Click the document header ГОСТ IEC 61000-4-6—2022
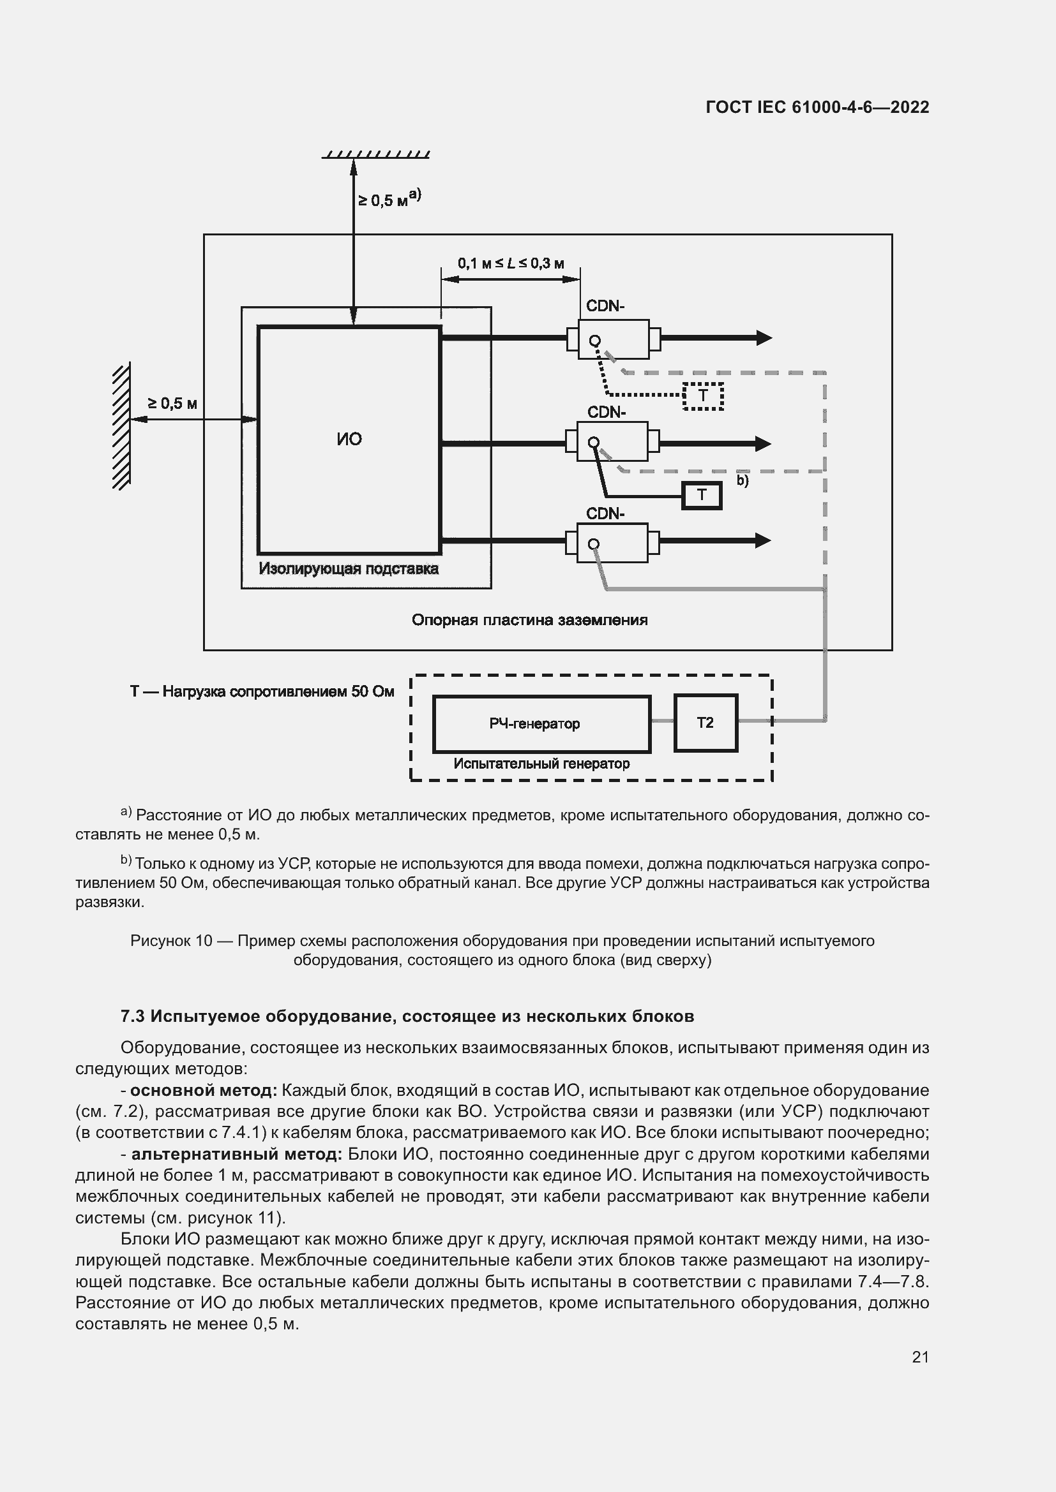tap(817, 107)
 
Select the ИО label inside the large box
tap(349, 439)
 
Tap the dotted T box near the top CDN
tap(703, 395)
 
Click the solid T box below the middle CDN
tap(702, 495)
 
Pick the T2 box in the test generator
tap(705, 723)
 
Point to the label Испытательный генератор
tap(541, 764)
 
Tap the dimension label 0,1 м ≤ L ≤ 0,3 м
tap(511, 263)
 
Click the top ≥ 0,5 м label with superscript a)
tap(389, 198)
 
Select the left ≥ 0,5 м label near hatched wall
tap(172, 404)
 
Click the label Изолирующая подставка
tap(349, 569)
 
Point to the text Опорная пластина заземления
tap(529, 620)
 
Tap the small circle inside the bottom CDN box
tap(594, 545)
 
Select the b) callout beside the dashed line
tap(742, 481)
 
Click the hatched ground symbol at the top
tap(376, 154)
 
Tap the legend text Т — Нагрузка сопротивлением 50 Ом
tap(262, 691)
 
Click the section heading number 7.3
tap(133, 1016)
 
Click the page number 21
tap(920, 1357)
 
